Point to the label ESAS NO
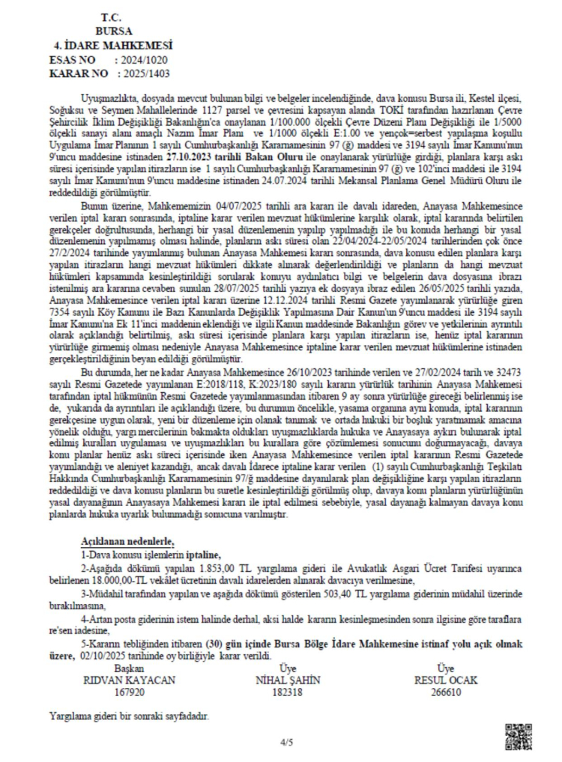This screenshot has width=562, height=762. point(73,59)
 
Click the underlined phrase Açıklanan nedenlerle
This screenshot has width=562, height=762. point(127,540)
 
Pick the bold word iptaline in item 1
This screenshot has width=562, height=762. point(199,554)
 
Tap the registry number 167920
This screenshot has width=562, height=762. point(133,692)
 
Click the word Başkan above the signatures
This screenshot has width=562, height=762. point(132,668)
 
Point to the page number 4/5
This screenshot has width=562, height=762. point(288,743)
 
